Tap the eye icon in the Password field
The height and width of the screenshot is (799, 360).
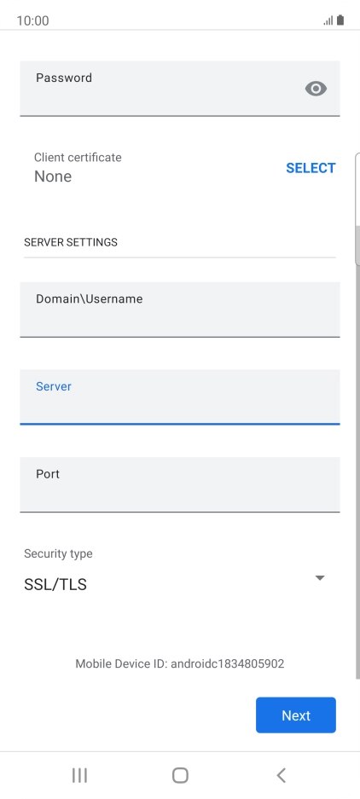(316, 89)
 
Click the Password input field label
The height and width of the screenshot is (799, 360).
(64, 78)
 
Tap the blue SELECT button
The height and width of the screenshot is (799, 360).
(311, 168)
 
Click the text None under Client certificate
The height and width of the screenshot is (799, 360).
(53, 177)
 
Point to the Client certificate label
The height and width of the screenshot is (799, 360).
(78, 158)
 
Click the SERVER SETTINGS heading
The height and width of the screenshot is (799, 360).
(70, 242)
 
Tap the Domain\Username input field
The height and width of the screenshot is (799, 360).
(179, 310)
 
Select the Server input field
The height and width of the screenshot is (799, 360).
(179, 397)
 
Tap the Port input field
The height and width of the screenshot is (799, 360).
(179, 484)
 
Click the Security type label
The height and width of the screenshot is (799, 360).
(58, 554)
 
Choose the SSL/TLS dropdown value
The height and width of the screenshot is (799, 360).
(55, 584)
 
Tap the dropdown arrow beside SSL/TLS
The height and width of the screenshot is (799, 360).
(320, 578)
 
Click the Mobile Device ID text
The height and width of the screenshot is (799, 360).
(179, 663)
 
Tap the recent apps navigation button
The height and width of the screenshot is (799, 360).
(79, 775)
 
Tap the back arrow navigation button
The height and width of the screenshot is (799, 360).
(281, 775)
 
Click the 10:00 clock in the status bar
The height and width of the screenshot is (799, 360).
(32, 21)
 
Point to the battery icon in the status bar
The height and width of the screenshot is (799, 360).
(340, 20)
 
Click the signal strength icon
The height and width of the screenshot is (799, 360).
(328, 21)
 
